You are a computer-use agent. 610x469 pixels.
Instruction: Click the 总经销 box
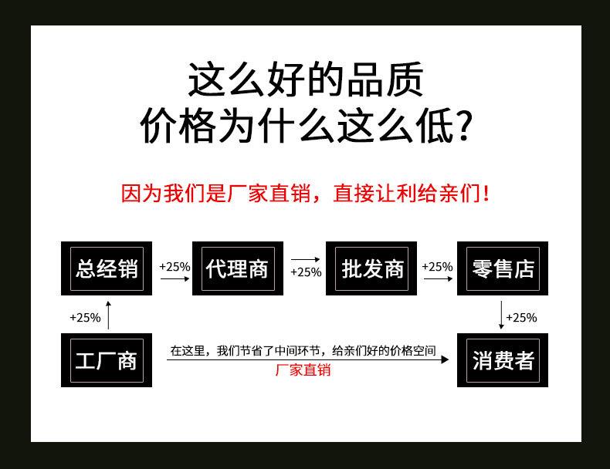pos(107,268)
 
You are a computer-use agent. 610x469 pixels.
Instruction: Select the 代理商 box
pos(238,268)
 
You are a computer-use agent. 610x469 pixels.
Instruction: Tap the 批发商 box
pos(372,268)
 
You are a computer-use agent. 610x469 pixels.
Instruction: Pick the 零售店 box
pos(503,268)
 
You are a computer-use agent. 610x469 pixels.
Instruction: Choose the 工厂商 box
pos(107,360)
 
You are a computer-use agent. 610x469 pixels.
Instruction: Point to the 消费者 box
pos(503,360)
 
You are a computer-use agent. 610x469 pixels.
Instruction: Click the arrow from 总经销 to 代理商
pos(175,279)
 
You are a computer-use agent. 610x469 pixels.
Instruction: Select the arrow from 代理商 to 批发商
pos(305,260)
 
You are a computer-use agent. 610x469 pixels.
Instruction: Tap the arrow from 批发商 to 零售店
pos(438,279)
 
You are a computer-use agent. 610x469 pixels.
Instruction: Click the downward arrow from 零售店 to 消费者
pos(502,315)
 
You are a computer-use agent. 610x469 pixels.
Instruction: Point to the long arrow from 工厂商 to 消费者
pos(309,359)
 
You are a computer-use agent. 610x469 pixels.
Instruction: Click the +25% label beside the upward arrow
pos(85,317)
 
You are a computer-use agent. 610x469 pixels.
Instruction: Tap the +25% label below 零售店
pos(521,317)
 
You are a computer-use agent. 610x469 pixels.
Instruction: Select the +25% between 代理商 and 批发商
pos(306,272)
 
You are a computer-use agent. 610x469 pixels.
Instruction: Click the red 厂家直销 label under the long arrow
pos(303,370)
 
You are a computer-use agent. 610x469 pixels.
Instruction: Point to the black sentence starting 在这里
pos(303,351)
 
